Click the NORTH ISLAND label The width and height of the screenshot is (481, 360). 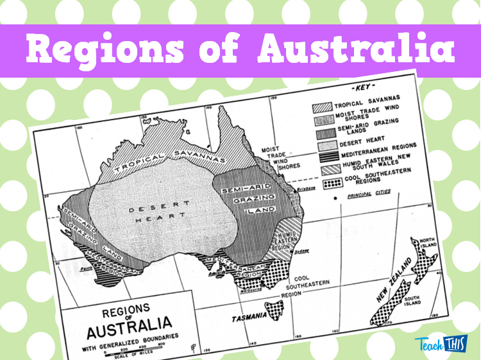pyautogui.click(x=428, y=244)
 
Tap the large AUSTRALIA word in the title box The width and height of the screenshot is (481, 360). pyautogui.click(x=128, y=321)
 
